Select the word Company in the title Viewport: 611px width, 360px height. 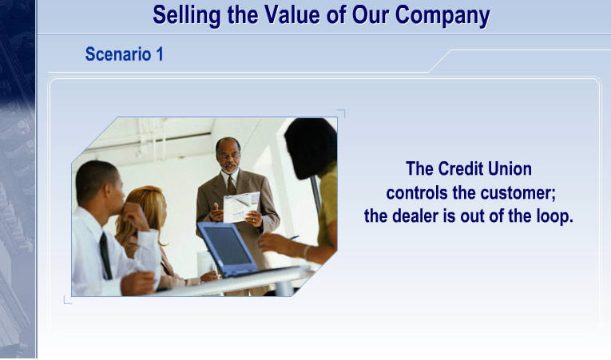tap(442, 16)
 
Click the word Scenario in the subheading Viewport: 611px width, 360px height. tap(118, 53)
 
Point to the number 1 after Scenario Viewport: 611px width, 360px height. tap(160, 53)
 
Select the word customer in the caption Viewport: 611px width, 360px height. tap(518, 193)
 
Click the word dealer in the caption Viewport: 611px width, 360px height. tap(415, 216)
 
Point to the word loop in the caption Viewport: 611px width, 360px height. tap(554, 217)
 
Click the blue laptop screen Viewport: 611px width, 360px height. tap(227, 246)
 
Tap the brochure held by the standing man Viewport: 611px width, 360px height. tap(241, 207)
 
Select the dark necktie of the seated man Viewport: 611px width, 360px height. tap(105, 255)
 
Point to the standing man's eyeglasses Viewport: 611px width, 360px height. tap(228, 155)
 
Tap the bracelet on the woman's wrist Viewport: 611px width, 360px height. tap(306, 252)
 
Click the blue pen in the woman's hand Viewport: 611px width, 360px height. tap(293, 237)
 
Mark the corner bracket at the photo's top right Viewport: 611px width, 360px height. tap(342, 113)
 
